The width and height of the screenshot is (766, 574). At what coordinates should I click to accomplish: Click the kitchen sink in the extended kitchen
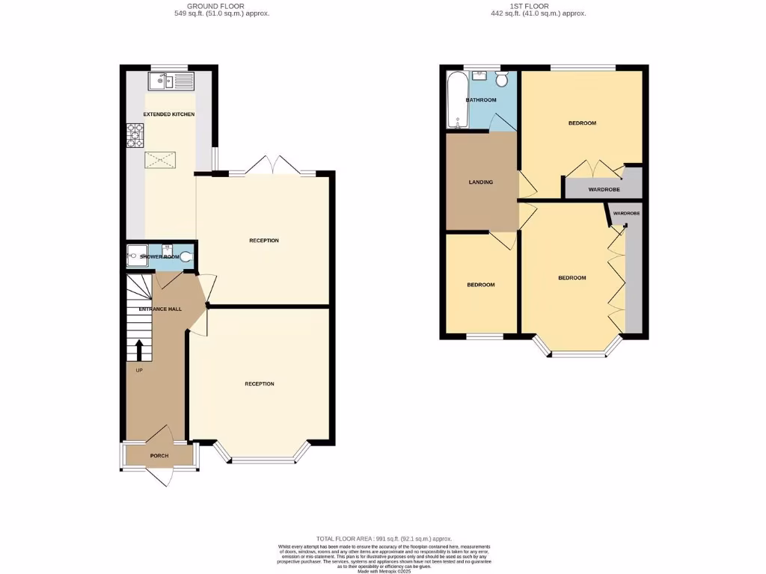click(171, 81)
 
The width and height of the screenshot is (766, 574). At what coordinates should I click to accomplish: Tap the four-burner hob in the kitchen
click(135, 136)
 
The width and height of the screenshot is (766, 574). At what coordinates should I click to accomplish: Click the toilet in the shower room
click(186, 256)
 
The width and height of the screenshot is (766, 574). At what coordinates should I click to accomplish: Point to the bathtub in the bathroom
click(456, 99)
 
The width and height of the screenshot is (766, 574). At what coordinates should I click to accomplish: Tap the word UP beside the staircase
click(139, 370)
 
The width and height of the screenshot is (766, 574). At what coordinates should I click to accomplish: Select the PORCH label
click(159, 456)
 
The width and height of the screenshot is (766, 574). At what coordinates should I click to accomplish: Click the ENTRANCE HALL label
click(160, 309)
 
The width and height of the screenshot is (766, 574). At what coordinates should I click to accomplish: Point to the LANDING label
click(480, 182)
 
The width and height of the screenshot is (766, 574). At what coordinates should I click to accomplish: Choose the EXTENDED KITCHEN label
click(169, 114)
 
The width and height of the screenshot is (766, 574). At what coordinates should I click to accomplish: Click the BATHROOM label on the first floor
click(481, 99)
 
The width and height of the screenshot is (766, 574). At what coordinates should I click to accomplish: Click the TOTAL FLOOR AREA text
click(384, 538)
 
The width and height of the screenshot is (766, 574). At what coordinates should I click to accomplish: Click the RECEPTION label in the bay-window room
click(260, 383)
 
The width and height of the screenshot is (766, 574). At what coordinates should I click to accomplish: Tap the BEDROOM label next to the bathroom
click(582, 123)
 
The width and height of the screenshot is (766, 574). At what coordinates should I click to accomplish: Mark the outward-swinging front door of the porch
click(161, 477)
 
